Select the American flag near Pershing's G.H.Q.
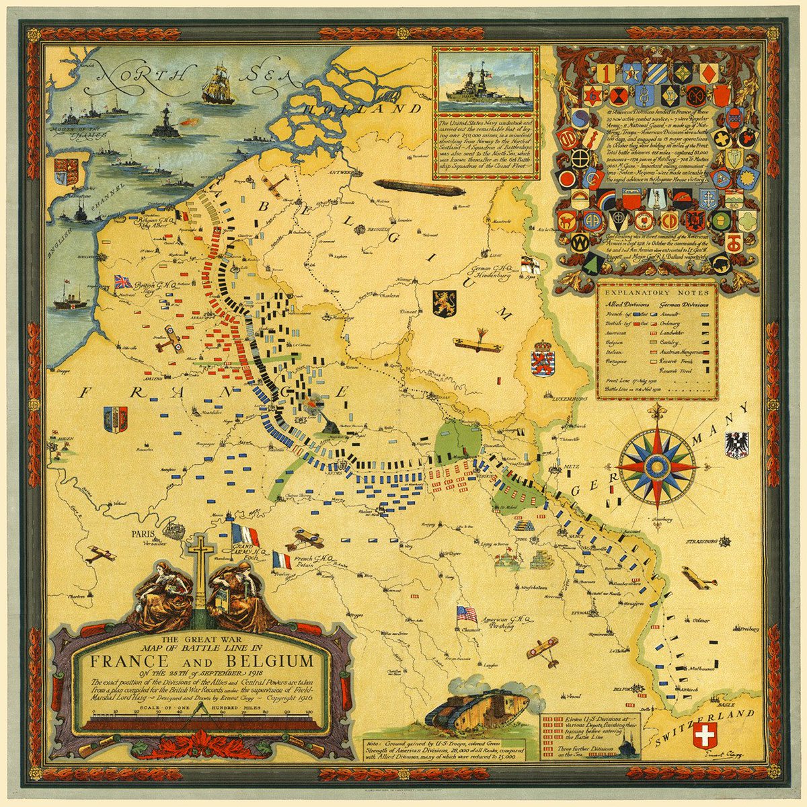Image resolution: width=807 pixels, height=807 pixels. coord(466,613)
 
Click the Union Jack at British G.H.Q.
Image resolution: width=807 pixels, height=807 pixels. coord(124,281)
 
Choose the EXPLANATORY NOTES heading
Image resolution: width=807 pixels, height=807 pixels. coord(656,293)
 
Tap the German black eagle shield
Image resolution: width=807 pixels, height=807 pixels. coord(736,445)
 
